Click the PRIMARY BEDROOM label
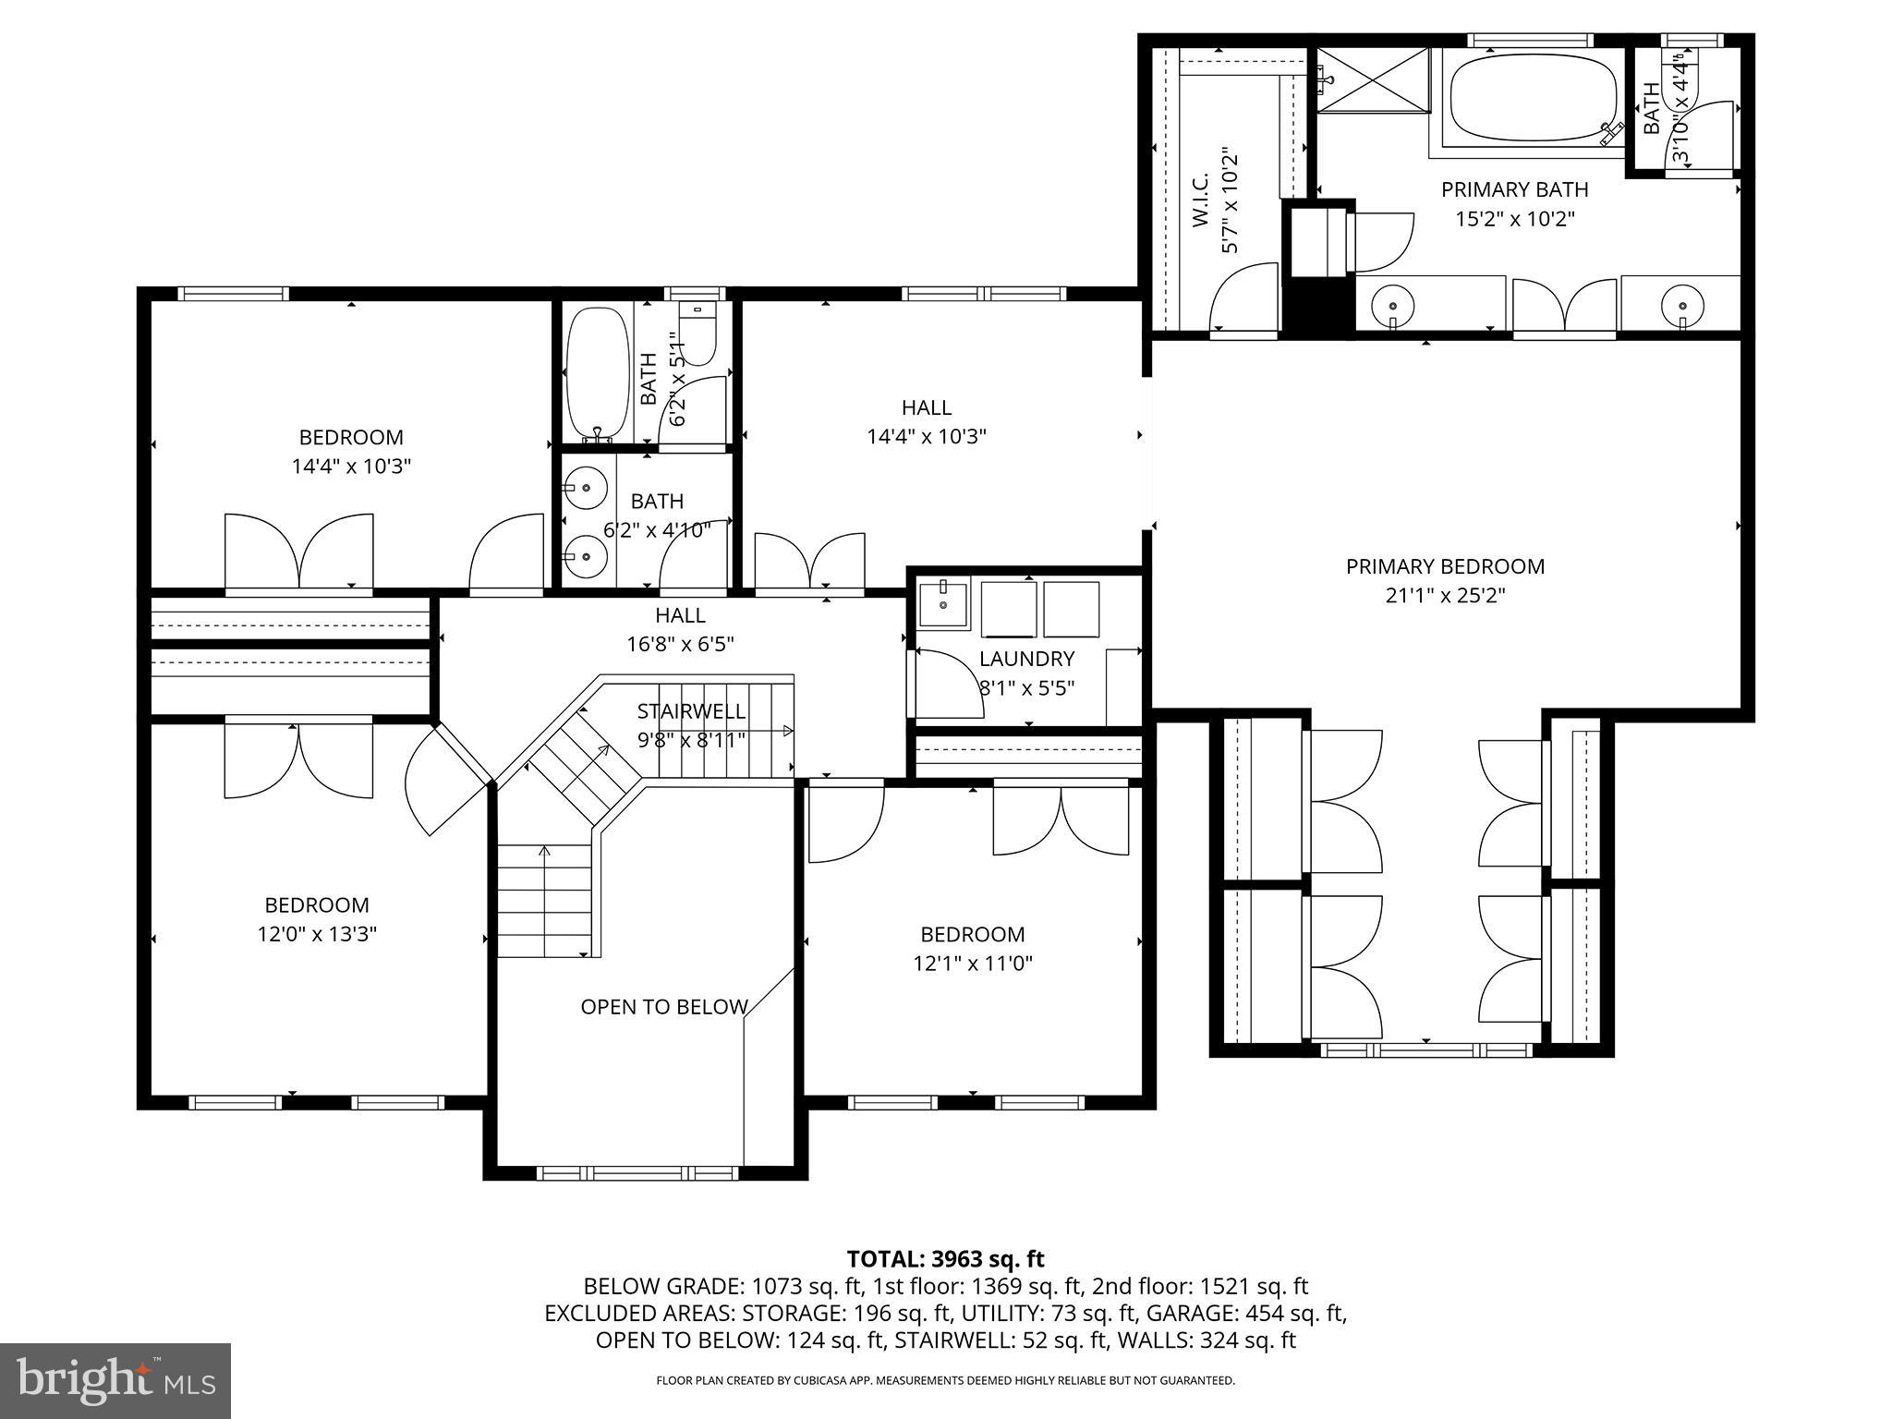coord(1445,566)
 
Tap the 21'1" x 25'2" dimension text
coord(1445,596)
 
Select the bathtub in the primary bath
coord(1534,100)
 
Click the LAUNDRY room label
coord(1026,659)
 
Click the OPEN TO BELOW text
coord(663,1007)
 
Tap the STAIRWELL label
coord(690,711)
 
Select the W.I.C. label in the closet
coord(1200,200)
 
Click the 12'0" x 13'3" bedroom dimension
coord(317,934)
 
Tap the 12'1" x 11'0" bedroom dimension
coord(972,964)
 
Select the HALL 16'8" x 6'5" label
coord(680,629)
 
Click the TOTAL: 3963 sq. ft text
coord(945,1259)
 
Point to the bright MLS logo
coord(115,1380)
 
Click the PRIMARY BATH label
coord(1514,189)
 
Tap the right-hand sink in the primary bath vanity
coord(1681,303)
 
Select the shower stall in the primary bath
coord(1372,81)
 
